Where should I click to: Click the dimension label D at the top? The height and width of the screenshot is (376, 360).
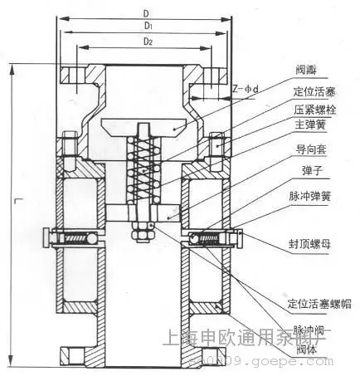pos(146,14)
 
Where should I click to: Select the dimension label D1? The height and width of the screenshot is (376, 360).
pos(146,27)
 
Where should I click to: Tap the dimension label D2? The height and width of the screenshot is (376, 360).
pos(146,41)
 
